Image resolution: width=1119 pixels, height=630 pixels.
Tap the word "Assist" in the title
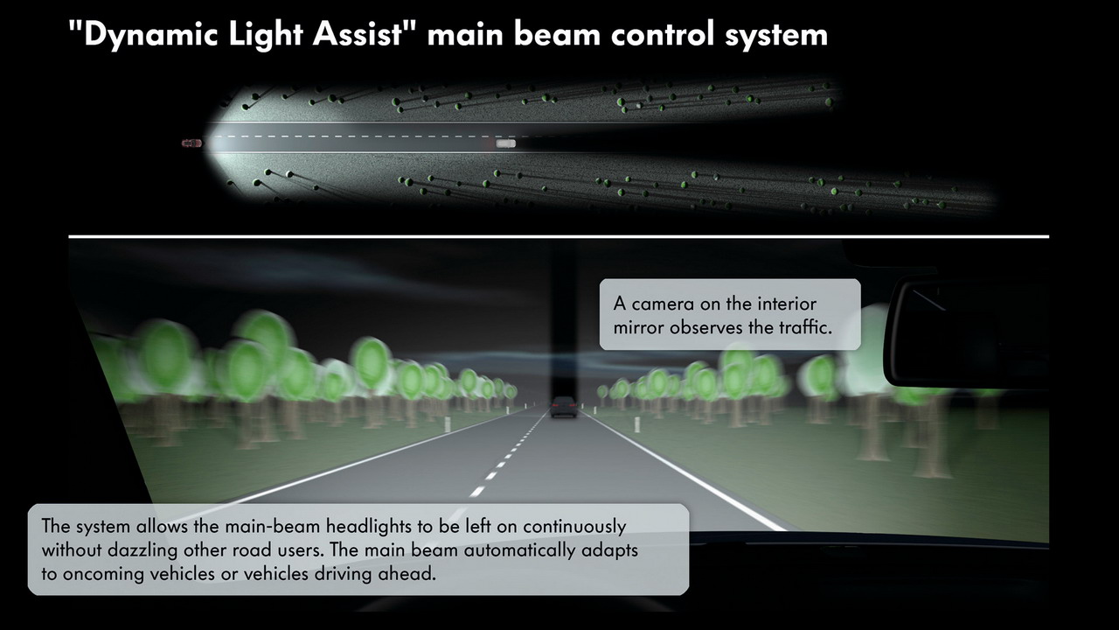pos(358,34)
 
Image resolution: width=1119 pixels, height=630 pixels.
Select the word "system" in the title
pos(777,37)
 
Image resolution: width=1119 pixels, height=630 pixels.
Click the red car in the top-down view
pos(191,143)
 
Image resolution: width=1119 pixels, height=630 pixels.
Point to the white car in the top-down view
pos(505,144)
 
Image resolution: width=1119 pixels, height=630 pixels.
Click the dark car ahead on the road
pos(564,407)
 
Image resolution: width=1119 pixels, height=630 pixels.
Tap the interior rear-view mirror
pos(967,332)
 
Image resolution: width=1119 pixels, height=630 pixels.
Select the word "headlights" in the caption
pos(370,527)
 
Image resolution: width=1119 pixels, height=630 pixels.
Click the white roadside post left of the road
pos(448,424)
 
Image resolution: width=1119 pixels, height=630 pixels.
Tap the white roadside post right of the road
pos(637,424)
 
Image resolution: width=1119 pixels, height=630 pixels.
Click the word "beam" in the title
pos(557,35)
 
